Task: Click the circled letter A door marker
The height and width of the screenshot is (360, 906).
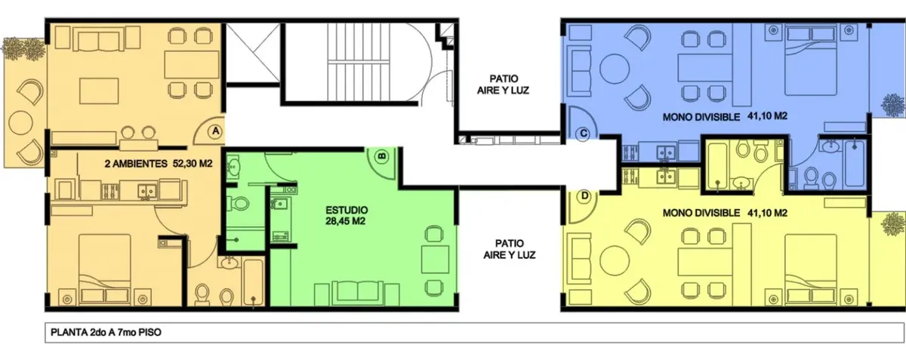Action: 216,131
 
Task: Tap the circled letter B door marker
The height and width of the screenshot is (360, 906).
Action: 382,156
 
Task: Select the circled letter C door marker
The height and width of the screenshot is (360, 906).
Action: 583,134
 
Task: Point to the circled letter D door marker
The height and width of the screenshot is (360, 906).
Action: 584,196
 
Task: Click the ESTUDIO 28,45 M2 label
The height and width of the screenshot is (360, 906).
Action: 347,216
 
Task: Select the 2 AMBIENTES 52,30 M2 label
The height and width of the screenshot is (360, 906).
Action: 159,164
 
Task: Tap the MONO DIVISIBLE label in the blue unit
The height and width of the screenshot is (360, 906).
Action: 701,117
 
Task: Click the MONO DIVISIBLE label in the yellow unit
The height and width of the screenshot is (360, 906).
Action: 701,213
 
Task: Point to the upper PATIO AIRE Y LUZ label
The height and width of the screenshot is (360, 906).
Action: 503,85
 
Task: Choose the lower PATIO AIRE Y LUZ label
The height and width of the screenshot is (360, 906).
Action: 509,249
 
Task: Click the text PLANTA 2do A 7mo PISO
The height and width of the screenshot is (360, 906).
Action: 106,333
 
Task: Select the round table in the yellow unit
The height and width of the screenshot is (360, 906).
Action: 615,261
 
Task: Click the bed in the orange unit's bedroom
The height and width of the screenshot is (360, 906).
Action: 105,269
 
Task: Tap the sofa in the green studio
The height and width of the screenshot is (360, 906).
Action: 357,294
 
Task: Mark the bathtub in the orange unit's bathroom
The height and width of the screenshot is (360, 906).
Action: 254,282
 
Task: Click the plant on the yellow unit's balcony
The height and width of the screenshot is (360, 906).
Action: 893,223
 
